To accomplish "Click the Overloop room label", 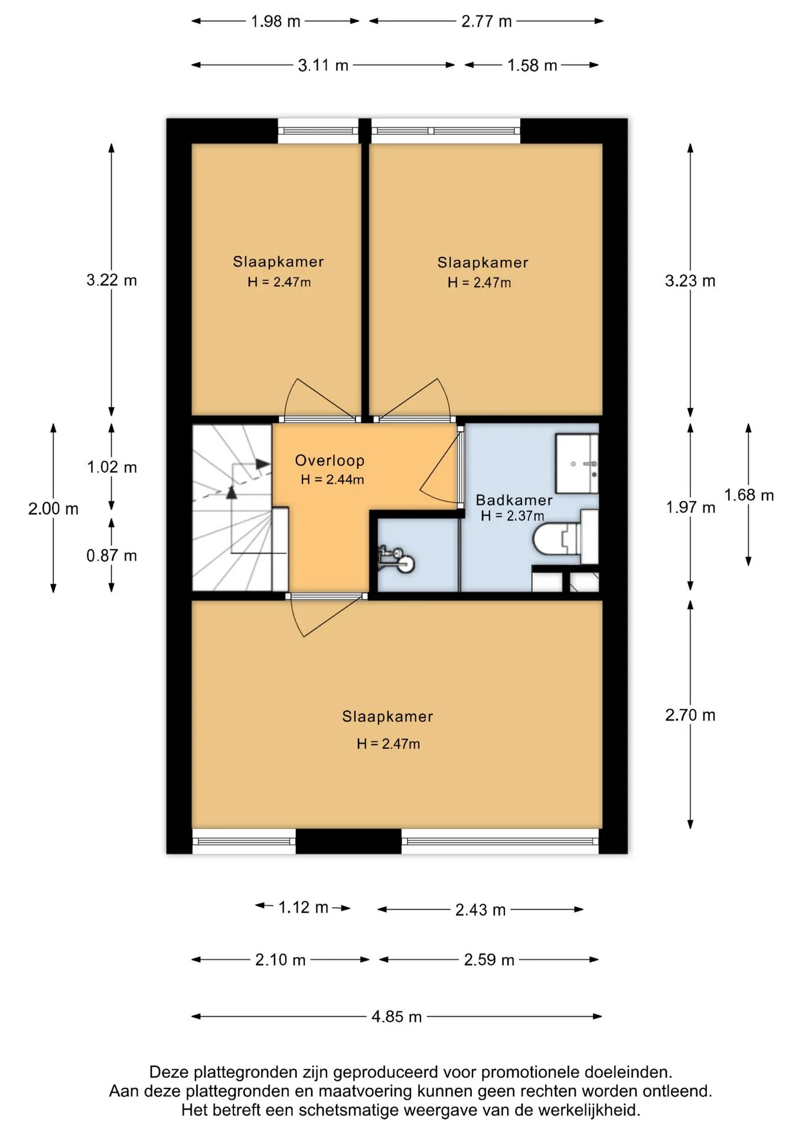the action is pyautogui.click(x=330, y=461).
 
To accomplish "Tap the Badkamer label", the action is pyautogui.click(x=514, y=500).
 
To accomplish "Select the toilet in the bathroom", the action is pyautogui.click(x=565, y=537).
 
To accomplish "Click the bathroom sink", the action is pyautogui.click(x=577, y=464).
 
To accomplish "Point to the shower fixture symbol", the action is pyautogui.click(x=396, y=559).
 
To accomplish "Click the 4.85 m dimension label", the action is pyautogui.click(x=396, y=1016).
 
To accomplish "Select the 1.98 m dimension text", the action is pyautogui.click(x=275, y=22).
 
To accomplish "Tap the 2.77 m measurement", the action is pyautogui.click(x=486, y=22).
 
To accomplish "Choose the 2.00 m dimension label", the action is pyautogui.click(x=53, y=509).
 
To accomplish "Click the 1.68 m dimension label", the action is pyautogui.click(x=749, y=495).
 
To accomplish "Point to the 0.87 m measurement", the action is pyautogui.click(x=112, y=556).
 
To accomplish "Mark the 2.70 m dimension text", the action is pyautogui.click(x=690, y=715).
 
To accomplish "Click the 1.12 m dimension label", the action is pyautogui.click(x=303, y=907).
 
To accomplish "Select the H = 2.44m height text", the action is pyautogui.click(x=332, y=480).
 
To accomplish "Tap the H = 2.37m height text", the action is pyautogui.click(x=512, y=516).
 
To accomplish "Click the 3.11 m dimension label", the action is pyautogui.click(x=323, y=66).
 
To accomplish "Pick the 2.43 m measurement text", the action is pyautogui.click(x=480, y=910).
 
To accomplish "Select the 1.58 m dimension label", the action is pyautogui.click(x=532, y=66).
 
